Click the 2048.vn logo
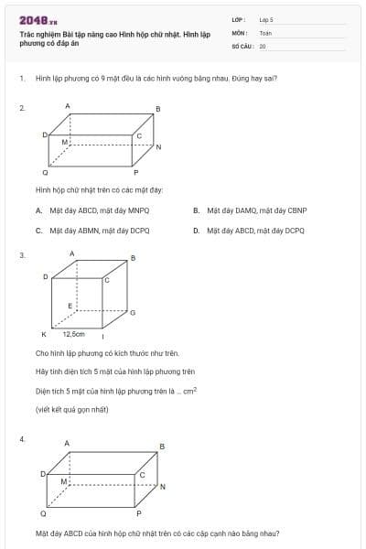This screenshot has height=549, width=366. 38,20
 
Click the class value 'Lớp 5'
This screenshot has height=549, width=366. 265,19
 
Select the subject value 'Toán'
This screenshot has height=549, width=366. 265,32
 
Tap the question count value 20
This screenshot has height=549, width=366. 263,45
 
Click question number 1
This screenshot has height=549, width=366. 21,78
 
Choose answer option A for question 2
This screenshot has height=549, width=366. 39,210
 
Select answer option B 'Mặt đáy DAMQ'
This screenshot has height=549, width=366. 197,210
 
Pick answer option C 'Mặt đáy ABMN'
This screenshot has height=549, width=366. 39,231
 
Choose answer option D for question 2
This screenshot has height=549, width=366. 197,231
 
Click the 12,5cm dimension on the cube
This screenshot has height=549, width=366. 73,334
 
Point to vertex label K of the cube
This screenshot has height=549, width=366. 43,335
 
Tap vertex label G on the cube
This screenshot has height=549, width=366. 133,312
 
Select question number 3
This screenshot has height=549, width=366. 21,255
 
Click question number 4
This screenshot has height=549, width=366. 21,439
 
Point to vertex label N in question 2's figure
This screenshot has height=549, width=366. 158,147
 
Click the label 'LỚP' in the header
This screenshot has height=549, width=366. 238,19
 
